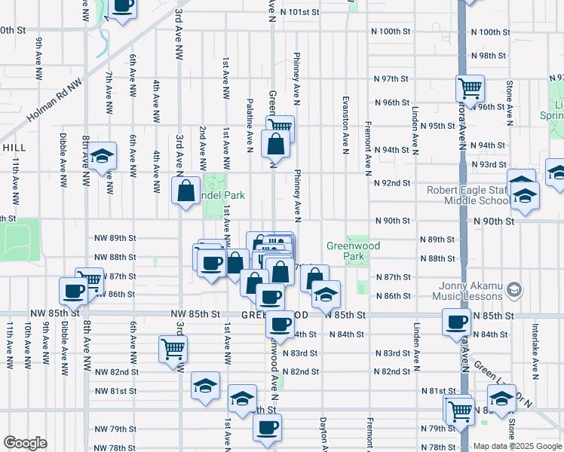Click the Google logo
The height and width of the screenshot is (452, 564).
click(25, 443)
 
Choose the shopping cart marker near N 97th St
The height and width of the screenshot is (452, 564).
click(471, 89)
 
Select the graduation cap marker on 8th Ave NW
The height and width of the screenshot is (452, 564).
click(102, 157)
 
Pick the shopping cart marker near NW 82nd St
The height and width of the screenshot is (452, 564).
click(173, 349)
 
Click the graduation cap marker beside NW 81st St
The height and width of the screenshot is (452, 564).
click(205, 385)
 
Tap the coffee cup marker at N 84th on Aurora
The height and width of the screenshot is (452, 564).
click(456, 322)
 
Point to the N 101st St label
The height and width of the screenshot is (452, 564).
click(300, 12)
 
